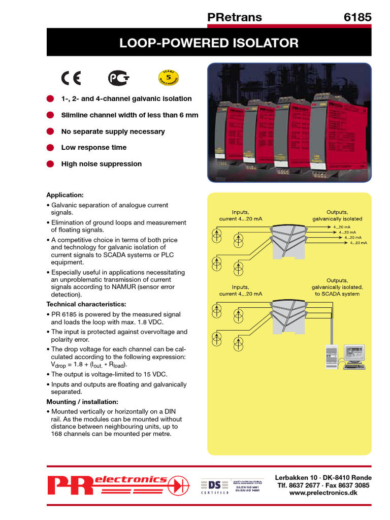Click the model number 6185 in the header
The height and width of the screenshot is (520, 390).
pos(357,17)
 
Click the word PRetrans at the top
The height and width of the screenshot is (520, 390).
pos(235,17)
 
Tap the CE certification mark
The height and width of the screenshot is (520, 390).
pos(71,78)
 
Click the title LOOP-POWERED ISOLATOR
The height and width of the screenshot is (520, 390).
pos(209,43)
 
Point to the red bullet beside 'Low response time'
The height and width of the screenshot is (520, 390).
pos(50,148)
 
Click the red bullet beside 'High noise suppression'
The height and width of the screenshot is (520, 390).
pos(50,164)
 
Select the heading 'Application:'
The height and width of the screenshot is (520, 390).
pos(65,195)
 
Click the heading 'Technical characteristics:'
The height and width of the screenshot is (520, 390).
pos(86,304)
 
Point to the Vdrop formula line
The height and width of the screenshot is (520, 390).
pos(89,365)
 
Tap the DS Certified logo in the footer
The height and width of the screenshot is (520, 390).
pos(214,486)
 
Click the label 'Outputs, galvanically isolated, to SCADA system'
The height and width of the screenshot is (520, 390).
pos(337,287)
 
